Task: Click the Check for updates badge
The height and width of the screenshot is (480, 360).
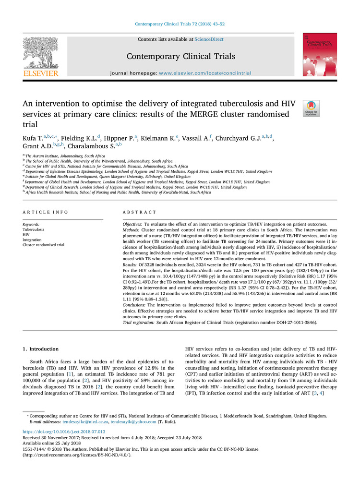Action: [x=311, y=108]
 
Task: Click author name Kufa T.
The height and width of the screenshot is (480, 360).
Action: [x=33, y=138]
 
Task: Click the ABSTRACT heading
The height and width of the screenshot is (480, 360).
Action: [x=140, y=212]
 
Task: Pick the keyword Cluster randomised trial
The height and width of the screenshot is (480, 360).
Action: [x=44, y=245]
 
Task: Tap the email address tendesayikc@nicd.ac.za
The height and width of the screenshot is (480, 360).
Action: [x=84, y=422]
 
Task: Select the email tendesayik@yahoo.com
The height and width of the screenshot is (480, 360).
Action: [x=133, y=422]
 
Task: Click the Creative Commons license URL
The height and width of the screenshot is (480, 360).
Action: [x=77, y=455]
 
